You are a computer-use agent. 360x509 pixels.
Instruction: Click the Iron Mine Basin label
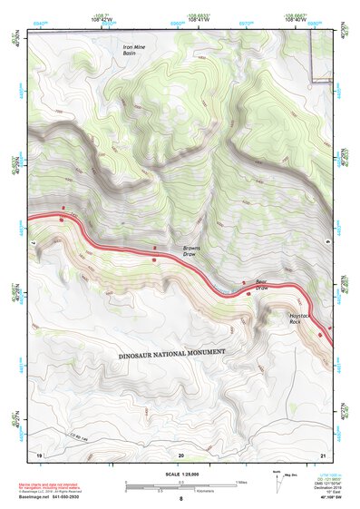(135, 51)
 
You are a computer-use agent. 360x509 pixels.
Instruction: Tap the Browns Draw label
(191, 250)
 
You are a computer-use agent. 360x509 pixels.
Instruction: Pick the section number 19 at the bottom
(38, 454)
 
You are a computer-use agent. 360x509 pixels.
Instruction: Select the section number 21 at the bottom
(322, 454)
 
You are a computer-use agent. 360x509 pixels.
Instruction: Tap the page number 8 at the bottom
(180, 500)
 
